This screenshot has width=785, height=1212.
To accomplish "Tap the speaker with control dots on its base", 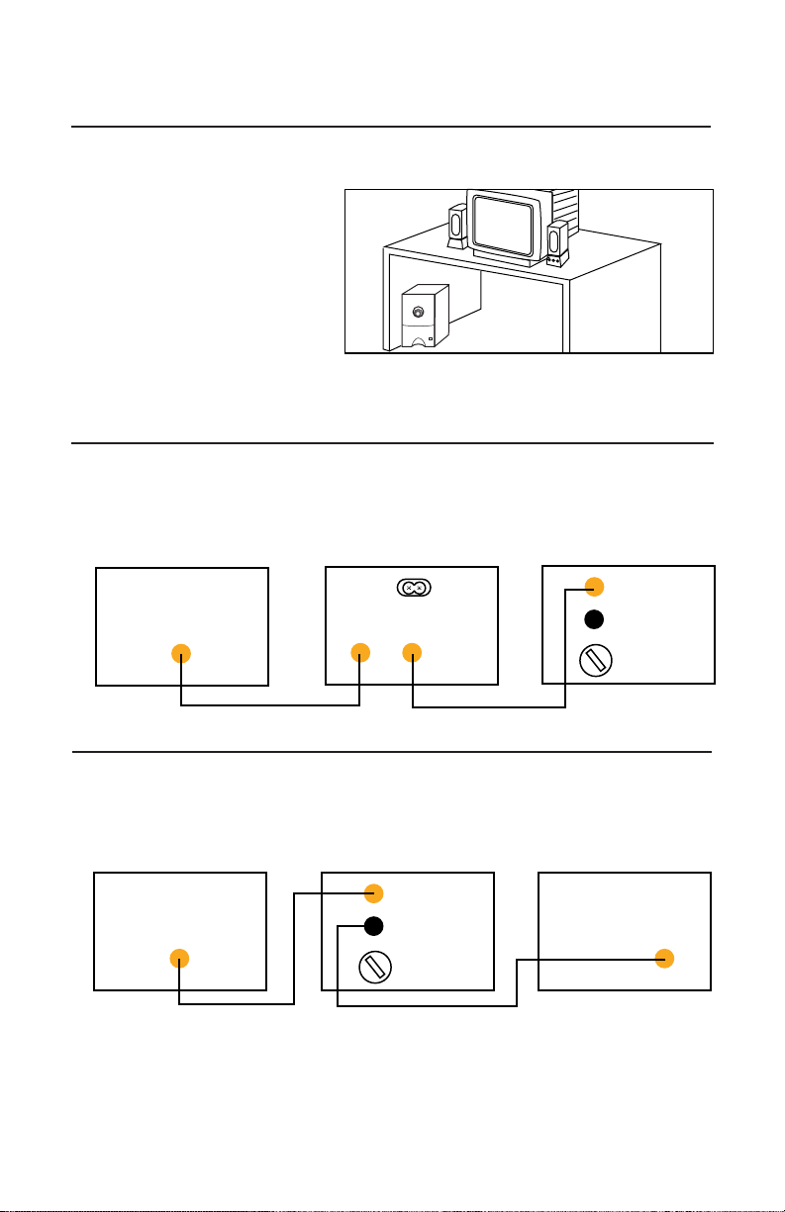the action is point(557,243).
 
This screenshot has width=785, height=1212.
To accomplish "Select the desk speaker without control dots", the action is point(456,227).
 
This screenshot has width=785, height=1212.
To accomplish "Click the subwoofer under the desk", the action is point(424,318).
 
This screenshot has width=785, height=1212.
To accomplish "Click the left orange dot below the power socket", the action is point(359,653).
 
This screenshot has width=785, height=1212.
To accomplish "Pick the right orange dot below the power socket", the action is point(412,653).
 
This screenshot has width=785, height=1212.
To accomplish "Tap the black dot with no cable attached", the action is point(593,620).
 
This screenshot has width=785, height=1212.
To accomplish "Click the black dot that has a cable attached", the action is point(373,926).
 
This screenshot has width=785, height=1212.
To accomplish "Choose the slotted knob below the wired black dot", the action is point(373,967).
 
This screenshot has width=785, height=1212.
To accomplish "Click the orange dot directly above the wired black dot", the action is point(373,892).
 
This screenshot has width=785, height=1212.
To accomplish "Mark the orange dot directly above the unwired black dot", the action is point(593,586).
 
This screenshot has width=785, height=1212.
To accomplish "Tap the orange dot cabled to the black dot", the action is point(664,958).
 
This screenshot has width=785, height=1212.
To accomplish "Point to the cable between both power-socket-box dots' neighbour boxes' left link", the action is point(267,705).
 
